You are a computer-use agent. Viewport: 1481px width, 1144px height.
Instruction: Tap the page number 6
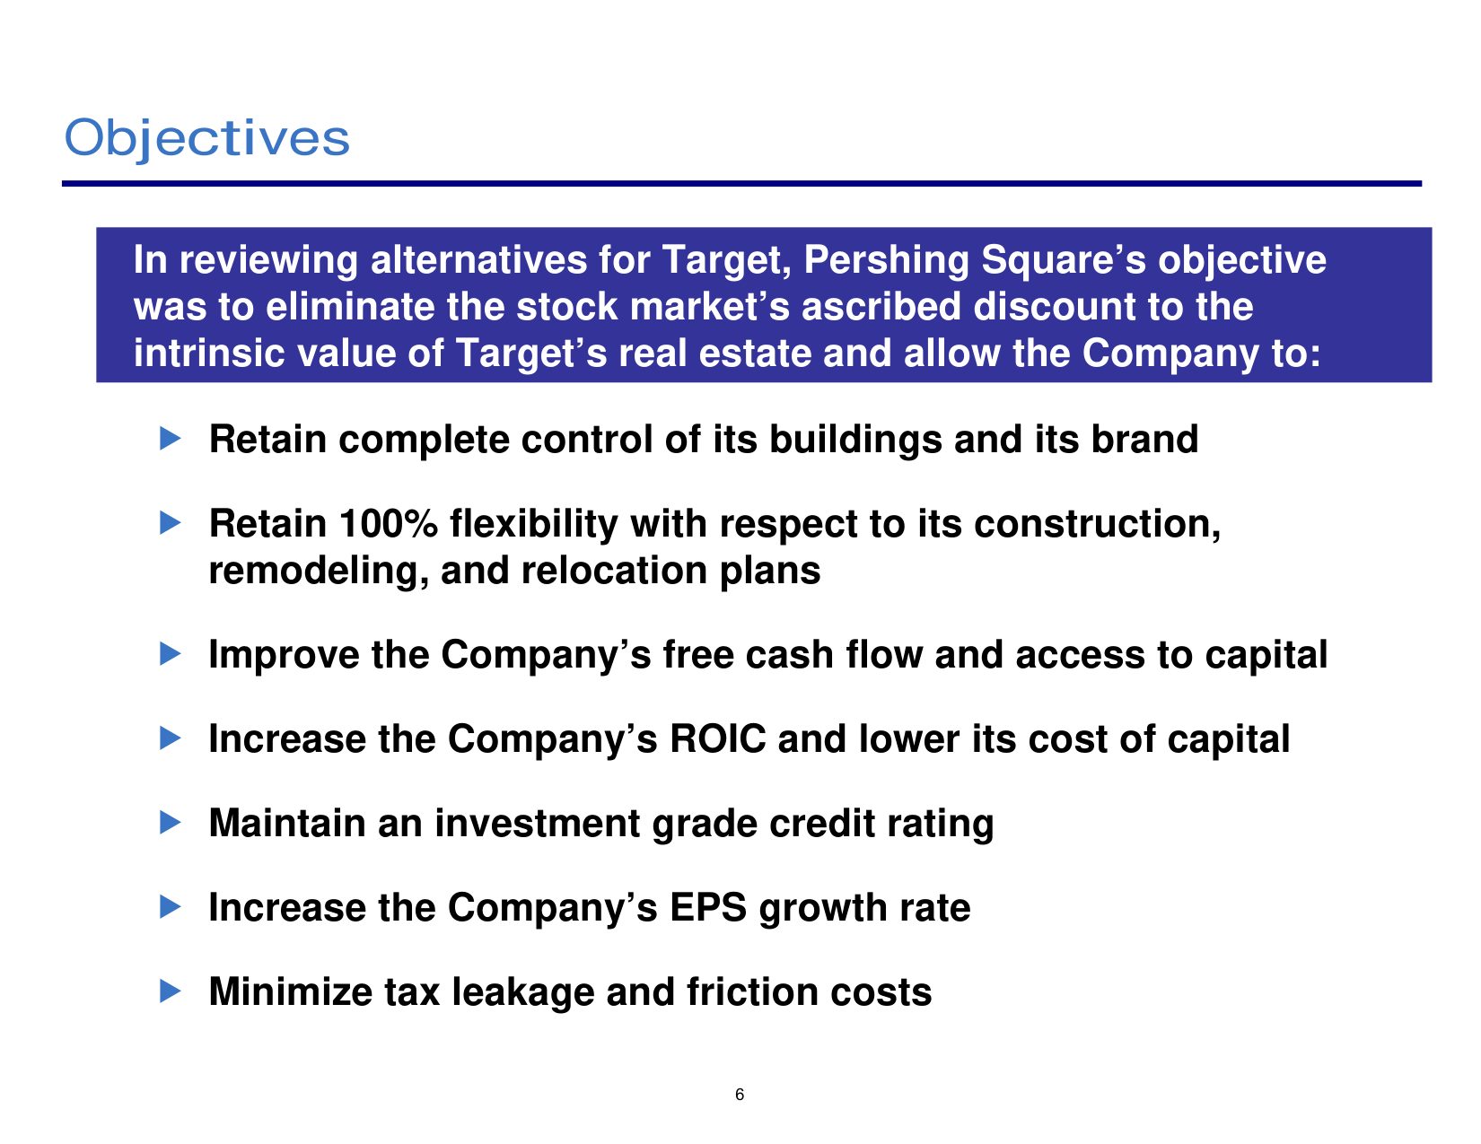tap(740, 1095)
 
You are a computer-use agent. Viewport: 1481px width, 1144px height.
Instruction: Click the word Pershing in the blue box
tap(885, 261)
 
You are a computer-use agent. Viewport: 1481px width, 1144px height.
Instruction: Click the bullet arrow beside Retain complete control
tap(170, 438)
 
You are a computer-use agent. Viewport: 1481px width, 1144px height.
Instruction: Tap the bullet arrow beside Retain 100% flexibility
tap(170, 523)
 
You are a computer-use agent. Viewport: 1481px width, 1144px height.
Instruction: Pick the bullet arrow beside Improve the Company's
tap(170, 654)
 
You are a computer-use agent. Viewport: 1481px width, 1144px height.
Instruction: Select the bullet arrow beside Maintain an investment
tap(170, 823)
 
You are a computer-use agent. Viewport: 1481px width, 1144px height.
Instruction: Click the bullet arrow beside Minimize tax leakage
tap(170, 991)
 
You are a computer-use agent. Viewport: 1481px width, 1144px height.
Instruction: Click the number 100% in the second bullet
tap(388, 524)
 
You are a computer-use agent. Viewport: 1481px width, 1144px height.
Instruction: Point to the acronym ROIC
tap(718, 738)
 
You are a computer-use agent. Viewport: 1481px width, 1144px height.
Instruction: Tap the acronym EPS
tap(708, 907)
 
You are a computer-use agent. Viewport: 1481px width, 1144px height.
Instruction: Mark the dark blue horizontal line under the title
tap(741, 183)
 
